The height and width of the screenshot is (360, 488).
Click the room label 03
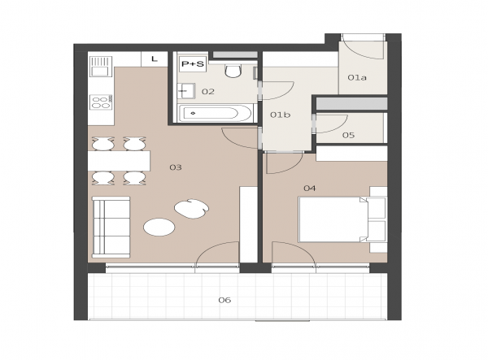176,167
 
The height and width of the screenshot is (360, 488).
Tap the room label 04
310,188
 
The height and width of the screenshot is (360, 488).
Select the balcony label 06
224,300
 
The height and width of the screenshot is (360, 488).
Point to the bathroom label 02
208,91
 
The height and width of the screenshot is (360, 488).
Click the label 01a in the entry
357,77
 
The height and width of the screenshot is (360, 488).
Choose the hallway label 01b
280,115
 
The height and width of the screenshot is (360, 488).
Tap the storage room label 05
349,135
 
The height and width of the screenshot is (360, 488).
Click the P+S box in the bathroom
193,64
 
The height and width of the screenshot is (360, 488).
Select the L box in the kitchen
155,59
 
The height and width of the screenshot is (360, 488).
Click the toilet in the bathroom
233,71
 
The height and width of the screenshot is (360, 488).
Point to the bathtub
215,113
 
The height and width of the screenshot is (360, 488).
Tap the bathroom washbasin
186,91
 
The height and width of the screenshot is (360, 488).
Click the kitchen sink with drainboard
101,66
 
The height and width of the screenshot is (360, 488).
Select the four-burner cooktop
101,102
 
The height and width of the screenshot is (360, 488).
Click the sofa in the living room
111,227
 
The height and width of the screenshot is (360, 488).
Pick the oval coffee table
159,228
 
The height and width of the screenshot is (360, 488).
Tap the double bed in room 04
333,219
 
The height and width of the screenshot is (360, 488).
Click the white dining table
119,161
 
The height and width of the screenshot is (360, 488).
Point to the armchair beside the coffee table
191,209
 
